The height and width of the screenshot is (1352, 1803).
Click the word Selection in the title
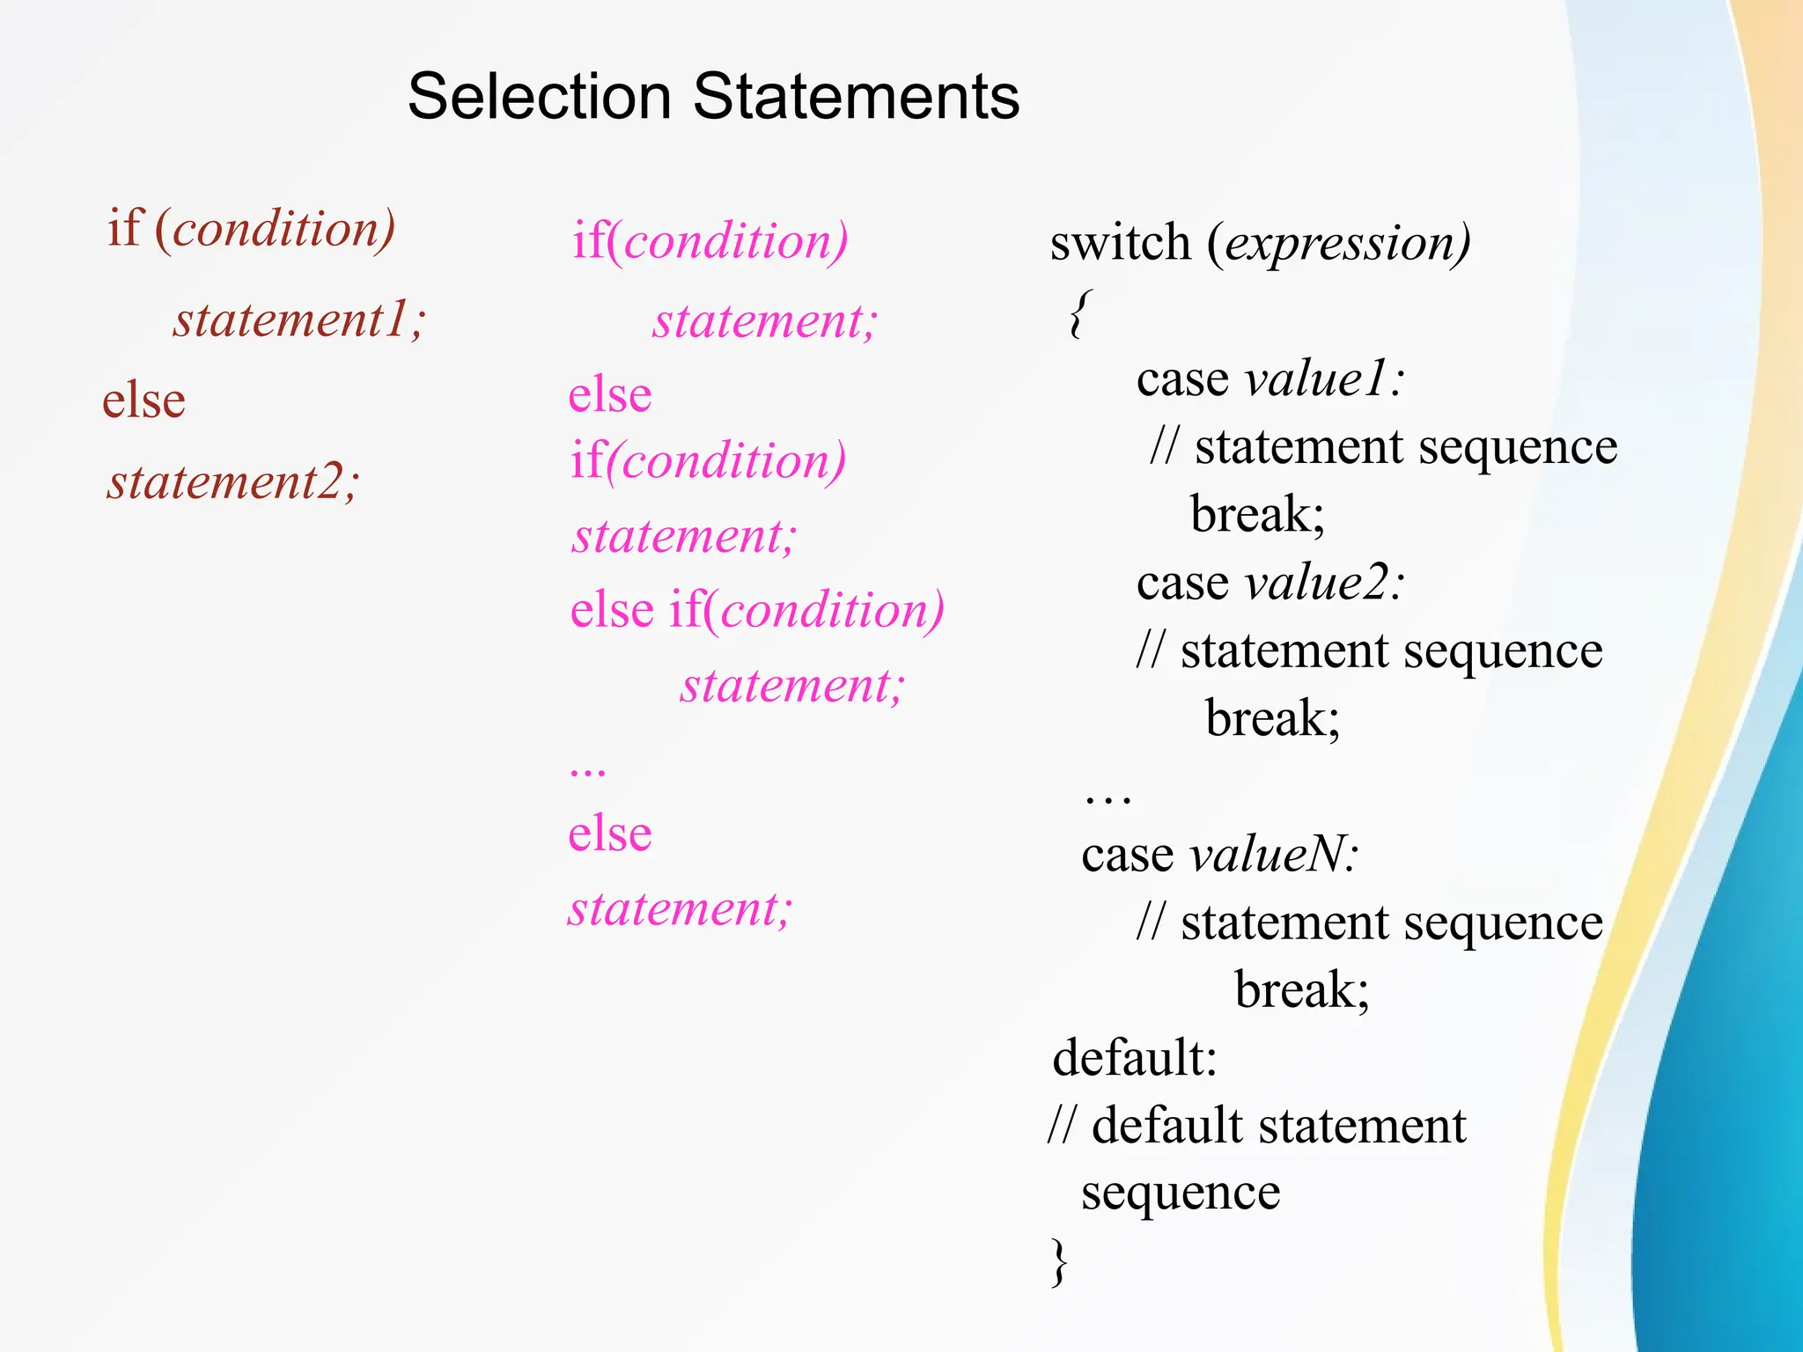click(x=539, y=97)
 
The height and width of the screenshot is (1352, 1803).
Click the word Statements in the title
click(x=856, y=97)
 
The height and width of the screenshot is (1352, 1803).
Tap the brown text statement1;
click(x=299, y=319)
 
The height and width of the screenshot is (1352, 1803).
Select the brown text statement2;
click(x=233, y=482)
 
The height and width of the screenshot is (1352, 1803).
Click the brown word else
click(x=144, y=400)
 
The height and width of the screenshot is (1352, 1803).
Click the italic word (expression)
click(x=1338, y=243)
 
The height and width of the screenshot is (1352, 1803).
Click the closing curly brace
click(x=1059, y=1261)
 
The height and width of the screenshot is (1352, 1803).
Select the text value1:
click(x=1324, y=379)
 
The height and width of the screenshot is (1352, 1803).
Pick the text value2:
click(x=1324, y=583)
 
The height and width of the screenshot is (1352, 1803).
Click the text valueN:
click(x=1274, y=855)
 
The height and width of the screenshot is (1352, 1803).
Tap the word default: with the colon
click(x=1135, y=1057)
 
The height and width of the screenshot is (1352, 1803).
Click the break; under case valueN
click(x=1302, y=990)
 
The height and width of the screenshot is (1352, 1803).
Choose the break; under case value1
click(x=1257, y=514)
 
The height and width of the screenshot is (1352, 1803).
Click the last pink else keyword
click(x=609, y=834)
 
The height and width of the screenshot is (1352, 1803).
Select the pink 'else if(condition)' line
click(x=756, y=610)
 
